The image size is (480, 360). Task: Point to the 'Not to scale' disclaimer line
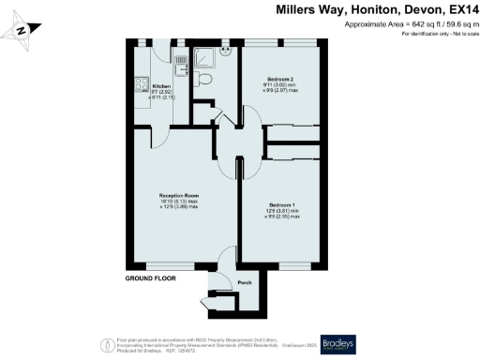click(x=439, y=34)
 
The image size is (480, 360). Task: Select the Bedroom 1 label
click(x=282, y=204)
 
